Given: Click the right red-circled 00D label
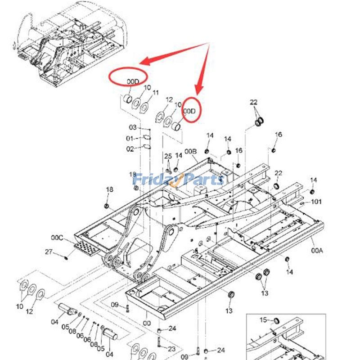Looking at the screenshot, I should point(190,111).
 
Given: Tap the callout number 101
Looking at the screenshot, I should point(316,202).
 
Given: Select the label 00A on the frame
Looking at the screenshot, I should point(317,250).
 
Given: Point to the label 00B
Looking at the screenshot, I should point(191,151).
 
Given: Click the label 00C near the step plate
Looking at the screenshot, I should point(57,237).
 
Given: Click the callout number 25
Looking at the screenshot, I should point(168,156).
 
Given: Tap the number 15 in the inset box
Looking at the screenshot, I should point(263,320).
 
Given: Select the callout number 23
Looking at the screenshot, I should point(171,349).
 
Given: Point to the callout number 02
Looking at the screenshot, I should point(130,148).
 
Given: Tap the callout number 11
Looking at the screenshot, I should point(156,93).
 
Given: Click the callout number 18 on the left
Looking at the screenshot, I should point(109,189).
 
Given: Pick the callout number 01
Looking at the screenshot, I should point(130,138).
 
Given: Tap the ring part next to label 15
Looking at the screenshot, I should point(277,320).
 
